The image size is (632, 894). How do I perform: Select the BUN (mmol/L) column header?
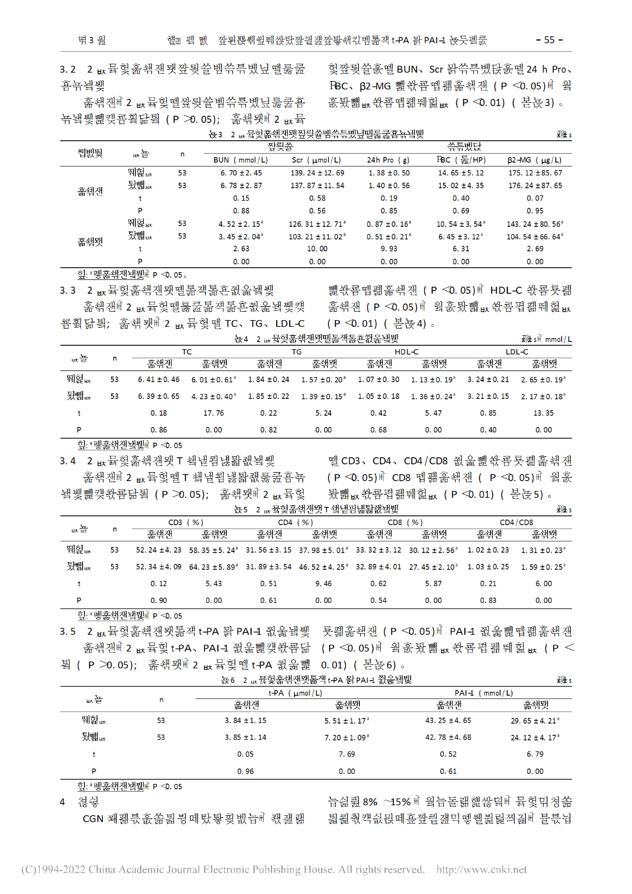point(241,160)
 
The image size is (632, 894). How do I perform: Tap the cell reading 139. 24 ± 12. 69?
point(317,173)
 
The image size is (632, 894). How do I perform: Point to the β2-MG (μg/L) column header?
point(534,160)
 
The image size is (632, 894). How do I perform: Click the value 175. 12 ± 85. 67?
point(535,173)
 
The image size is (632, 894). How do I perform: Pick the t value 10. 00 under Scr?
point(317,249)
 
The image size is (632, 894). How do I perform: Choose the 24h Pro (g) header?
point(388,160)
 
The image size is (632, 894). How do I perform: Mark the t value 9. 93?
point(389,249)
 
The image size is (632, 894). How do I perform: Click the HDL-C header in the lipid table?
point(406,351)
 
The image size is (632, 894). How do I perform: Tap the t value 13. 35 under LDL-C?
point(543,413)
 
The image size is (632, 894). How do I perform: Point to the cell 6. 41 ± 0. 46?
point(159,379)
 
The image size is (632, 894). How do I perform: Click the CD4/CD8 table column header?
point(516,522)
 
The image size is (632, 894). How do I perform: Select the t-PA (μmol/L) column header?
point(295,693)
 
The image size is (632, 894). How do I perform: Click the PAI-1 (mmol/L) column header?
point(483,693)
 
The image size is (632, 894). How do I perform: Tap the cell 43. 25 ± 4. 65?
point(448,720)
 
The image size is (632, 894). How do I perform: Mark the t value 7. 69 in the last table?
point(346,754)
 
